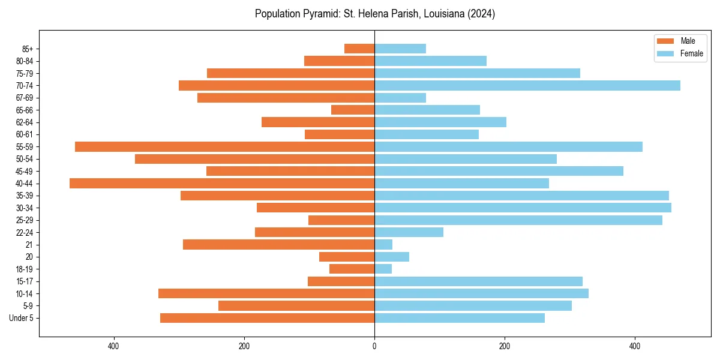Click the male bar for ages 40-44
pos(222,184)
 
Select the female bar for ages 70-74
pos(527,85)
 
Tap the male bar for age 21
pos(278,245)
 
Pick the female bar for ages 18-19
pos(383,269)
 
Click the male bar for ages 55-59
pos(224,146)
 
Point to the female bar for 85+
pos(400,49)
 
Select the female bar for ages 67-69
pos(400,98)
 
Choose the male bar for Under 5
pos(267,318)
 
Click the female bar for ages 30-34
pos(523,208)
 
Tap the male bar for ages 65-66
pos(353,110)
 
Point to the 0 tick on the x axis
pos(374,346)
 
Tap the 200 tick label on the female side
pos(505,346)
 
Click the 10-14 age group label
pos(25,294)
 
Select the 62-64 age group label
pos(25,122)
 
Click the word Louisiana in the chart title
pos(440,14)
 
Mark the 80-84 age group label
pos(25,61)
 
